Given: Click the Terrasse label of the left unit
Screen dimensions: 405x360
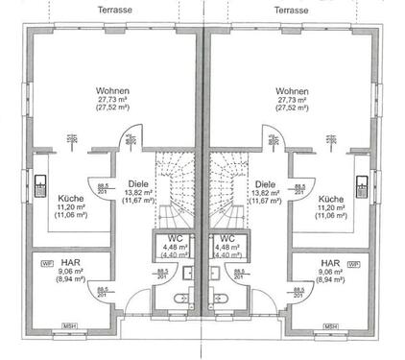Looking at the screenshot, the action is [115, 8].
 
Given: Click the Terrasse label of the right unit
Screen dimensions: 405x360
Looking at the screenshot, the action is [291, 8].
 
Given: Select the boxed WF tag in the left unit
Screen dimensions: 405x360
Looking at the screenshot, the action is [47, 263].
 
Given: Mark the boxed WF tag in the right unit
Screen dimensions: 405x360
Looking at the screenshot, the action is [354, 263].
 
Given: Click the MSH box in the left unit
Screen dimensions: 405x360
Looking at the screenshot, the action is [71, 325].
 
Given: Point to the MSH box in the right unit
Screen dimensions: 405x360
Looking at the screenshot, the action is [331, 325].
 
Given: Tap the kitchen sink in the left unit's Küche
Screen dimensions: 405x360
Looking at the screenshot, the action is [40, 184].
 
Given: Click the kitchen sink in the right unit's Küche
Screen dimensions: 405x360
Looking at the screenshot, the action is [363, 184].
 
